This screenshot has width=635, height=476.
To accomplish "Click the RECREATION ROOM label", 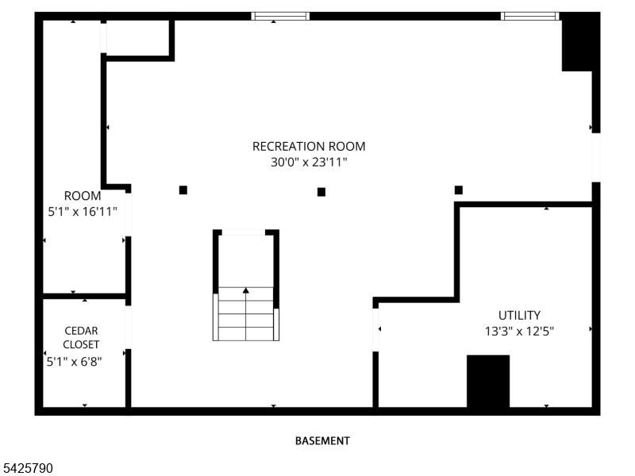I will coord(309,146).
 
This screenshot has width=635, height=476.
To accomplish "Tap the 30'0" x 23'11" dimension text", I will coord(309,162).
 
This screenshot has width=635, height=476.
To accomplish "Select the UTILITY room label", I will coord(519,315).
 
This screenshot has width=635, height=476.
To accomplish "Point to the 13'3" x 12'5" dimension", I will coord(519,331).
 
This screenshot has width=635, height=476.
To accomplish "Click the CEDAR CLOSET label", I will coord(82,337).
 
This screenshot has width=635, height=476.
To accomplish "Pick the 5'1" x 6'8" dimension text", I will coord(74,361).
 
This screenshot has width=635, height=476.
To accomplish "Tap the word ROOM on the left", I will coord(83,196).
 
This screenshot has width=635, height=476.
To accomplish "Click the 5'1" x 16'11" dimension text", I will coord(83,211).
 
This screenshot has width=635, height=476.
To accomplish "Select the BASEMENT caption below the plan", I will coord(322,440).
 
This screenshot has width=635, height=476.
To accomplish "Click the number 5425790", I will coord(27,469).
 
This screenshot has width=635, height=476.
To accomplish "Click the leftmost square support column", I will coord(183,190).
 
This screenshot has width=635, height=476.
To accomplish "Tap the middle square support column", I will coord(321,191).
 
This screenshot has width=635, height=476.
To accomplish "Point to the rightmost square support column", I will coord(459,190).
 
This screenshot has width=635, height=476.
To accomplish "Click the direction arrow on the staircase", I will coord(246,291).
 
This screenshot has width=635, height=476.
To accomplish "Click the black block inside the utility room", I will coord(487,381).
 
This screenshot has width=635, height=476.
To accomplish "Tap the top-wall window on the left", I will coord(280,15).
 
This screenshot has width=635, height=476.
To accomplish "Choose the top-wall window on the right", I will coord(529,15).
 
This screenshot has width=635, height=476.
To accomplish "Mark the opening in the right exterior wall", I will coord(595,156).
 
